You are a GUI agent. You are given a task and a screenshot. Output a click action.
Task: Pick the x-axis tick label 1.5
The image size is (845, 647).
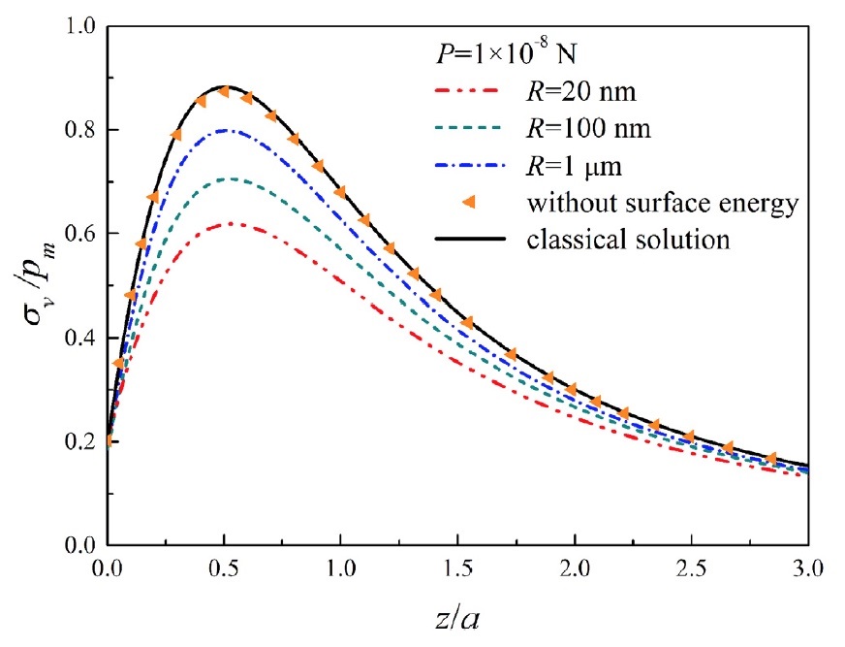[x=456, y=567]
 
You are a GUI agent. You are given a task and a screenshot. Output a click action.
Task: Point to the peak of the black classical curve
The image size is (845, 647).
[x=225, y=86]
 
